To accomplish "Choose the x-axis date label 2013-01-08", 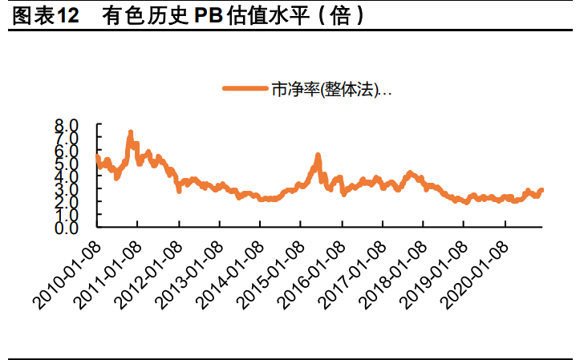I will pyautogui.click(x=190, y=272).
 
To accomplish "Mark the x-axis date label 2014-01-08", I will pyautogui.click(x=231, y=272).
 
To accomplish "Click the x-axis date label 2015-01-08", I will pyautogui.click(x=272, y=272).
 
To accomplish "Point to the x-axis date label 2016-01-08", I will pyautogui.click(x=313, y=272).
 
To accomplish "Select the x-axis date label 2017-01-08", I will pyautogui.click(x=354, y=272).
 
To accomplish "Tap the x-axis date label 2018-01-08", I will pyautogui.click(x=395, y=272).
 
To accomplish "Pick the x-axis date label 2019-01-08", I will pyautogui.click(x=436, y=272).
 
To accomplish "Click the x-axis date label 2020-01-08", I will pyautogui.click(x=477, y=272).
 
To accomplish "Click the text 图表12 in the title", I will pyautogui.click(x=43, y=16).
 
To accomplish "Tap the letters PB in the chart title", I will pyautogui.click(x=207, y=16).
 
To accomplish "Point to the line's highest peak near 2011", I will pyautogui.click(x=131, y=133).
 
